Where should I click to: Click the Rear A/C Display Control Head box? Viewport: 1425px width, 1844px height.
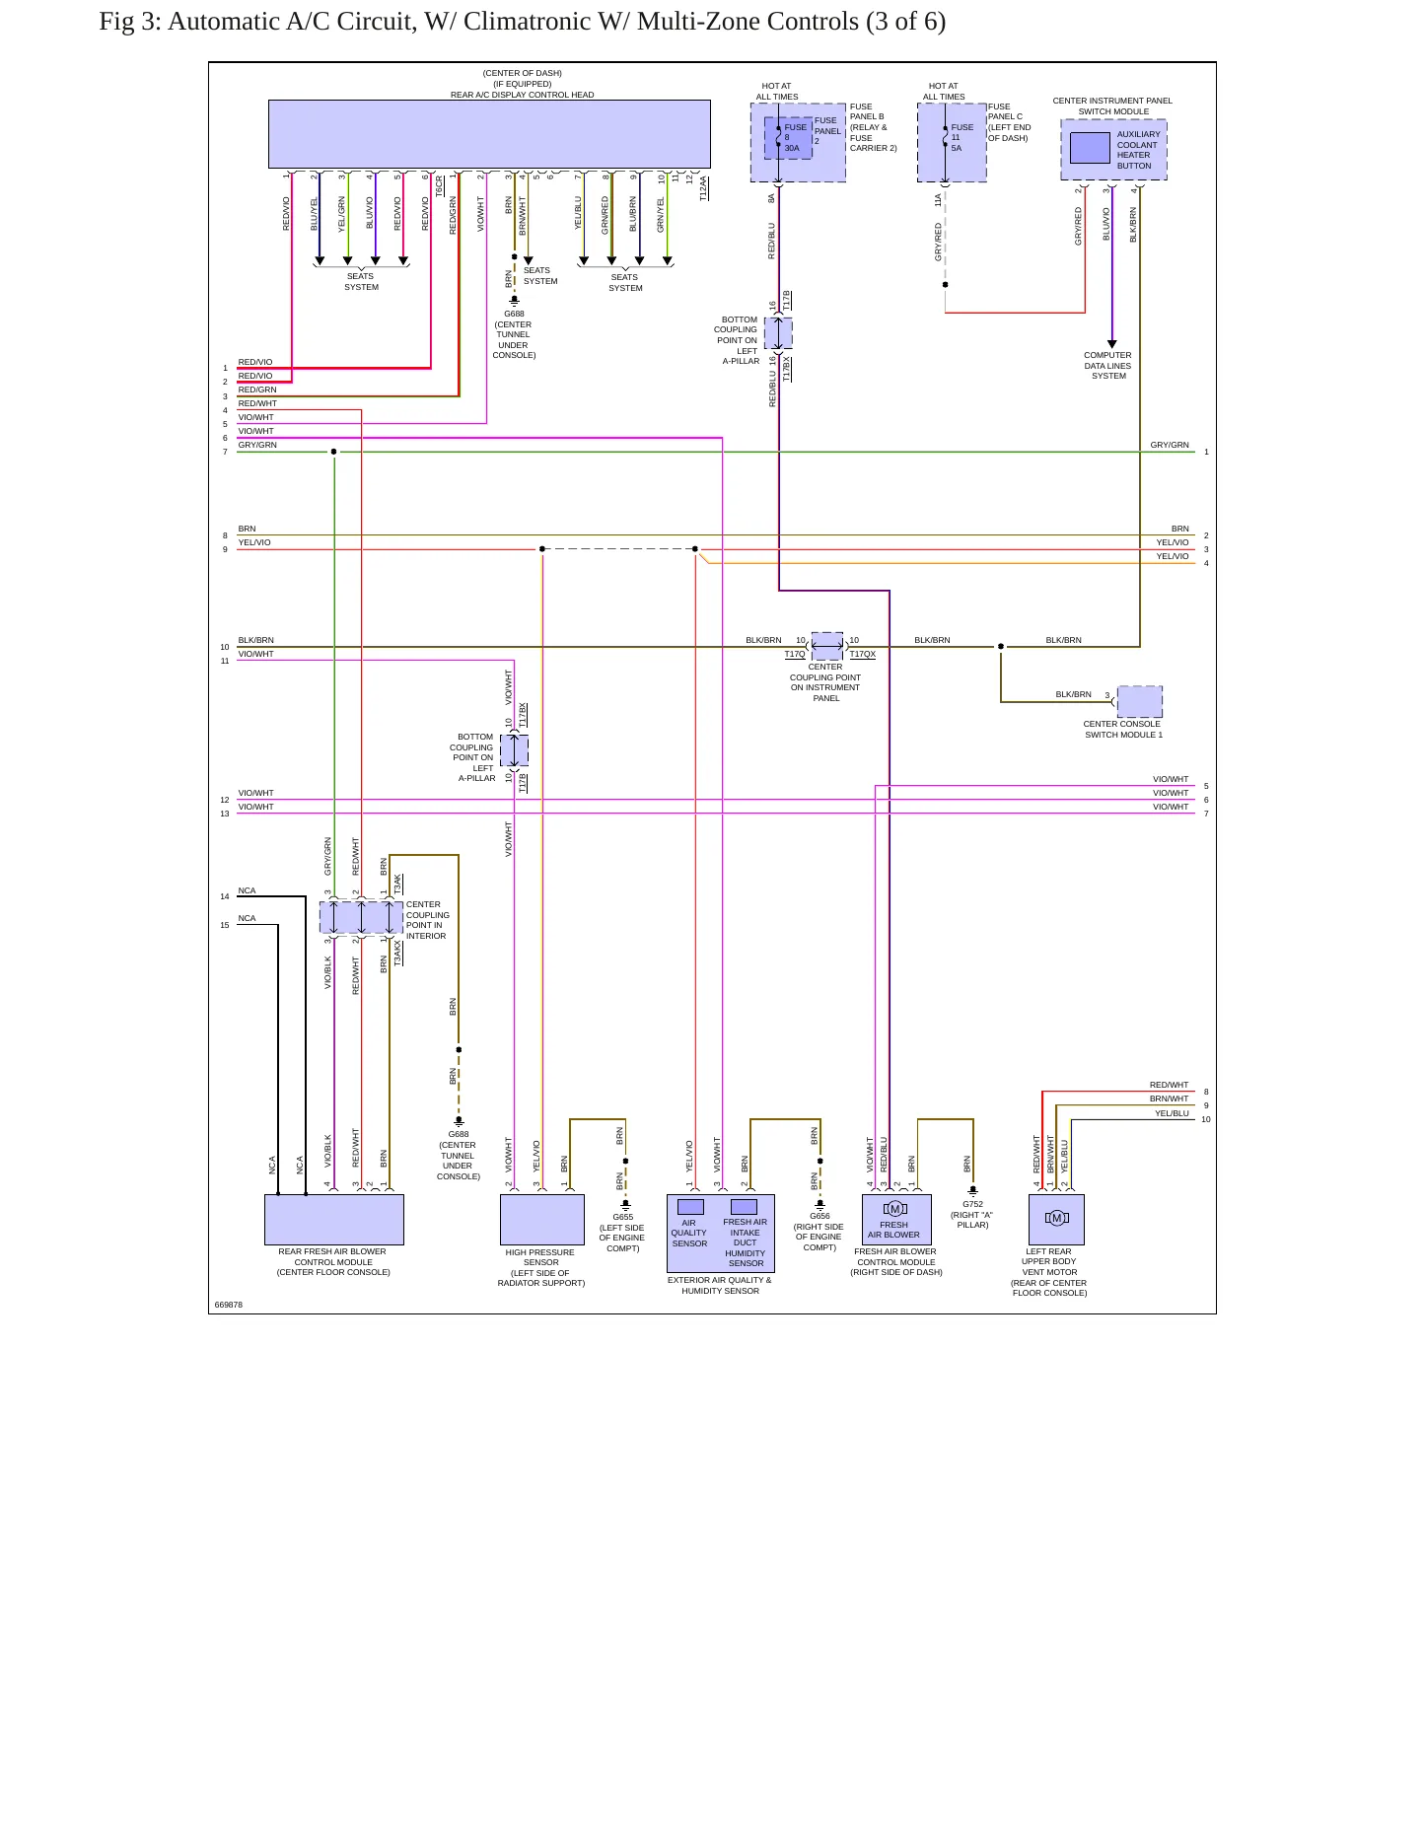coord(489,134)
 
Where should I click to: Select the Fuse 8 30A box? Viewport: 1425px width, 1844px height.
coord(788,138)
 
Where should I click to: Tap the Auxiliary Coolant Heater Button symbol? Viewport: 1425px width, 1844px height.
coord(1090,148)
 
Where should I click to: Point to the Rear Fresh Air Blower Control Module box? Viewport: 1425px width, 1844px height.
coord(334,1220)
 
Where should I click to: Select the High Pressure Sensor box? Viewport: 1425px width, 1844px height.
coord(542,1220)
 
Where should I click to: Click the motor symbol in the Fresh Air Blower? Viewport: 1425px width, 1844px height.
coord(895,1209)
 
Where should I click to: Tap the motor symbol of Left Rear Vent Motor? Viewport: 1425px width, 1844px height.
coord(1056,1218)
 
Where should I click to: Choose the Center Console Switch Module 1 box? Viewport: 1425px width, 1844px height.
coord(1140,701)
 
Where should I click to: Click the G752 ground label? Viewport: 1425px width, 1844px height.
coord(972,1204)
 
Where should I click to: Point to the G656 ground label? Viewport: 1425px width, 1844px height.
coord(819,1216)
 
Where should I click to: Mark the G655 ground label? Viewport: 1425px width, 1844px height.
coord(623,1217)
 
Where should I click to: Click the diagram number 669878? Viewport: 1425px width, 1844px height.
coord(229,1305)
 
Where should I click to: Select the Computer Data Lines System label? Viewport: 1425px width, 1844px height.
coord(1108,366)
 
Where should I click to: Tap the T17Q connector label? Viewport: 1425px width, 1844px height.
coord(795,654)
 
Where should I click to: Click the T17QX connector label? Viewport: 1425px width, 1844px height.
coord(863,654)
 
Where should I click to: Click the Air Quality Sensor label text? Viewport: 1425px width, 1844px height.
coord(689,1233)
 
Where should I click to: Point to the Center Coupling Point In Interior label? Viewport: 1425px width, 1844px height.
coord(428,920)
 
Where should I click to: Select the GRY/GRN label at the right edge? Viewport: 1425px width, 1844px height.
coord(1170,445)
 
